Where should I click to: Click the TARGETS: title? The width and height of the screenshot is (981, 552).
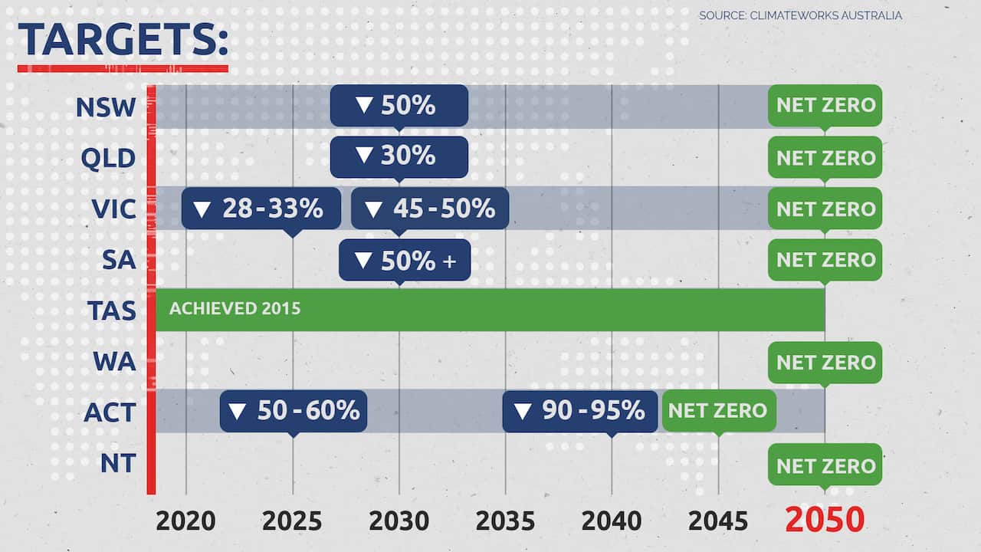click(123, 40)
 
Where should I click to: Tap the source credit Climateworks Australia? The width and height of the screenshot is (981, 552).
click(800, 15)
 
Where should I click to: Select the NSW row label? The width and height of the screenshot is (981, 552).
click(106, 107)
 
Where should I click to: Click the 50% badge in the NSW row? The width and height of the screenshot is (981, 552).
click(399, 106)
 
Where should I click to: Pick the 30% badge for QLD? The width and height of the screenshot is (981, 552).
click(399, 157)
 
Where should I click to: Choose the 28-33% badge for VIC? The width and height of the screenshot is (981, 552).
click(261, 209)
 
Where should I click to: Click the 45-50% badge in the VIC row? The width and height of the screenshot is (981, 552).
click(430, 209)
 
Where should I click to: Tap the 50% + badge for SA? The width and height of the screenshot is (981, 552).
click(405, 260)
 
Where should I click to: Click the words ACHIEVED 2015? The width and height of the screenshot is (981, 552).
click(235, 309)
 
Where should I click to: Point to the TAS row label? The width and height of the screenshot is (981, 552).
click(111, 310)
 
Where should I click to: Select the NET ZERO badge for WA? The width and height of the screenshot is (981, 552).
click(825, 362)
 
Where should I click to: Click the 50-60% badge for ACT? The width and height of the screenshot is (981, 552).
click(294, 411)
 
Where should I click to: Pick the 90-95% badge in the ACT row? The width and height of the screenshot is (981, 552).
click(580, 411)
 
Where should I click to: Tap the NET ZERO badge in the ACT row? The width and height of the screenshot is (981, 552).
click(718, 411)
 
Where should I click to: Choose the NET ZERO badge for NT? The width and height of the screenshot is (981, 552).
click(825, 465)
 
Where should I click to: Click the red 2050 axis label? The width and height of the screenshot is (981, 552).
click(825, 521)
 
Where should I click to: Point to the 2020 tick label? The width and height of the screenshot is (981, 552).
click(185, 521)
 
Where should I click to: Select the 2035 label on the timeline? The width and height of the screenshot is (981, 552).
click(505, 521)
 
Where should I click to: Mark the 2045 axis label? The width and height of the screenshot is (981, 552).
click(718, 521)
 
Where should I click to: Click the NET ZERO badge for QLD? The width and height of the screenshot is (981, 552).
click(825, 157)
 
